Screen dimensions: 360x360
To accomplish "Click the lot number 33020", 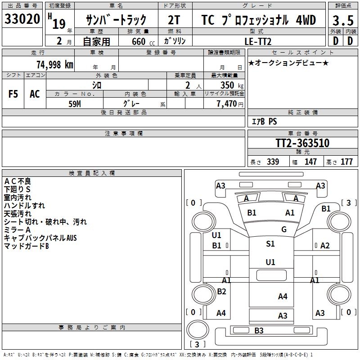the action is [x=22, y=20].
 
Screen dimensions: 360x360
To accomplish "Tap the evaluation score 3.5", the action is [x=342, y=20].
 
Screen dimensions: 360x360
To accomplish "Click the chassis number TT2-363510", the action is [x=302, y=144].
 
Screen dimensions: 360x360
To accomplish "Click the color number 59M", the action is [x=75, y=103].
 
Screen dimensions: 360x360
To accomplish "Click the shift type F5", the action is [x=13, y=94].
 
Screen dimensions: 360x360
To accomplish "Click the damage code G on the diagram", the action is [x=284, y=229].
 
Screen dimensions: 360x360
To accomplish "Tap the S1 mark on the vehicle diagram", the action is [x=270, y=244].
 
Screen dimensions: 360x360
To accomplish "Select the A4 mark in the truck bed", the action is [x=283, y=296].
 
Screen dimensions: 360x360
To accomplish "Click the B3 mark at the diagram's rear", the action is [x=259, y=331].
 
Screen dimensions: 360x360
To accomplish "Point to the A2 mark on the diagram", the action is [x=325, y=245].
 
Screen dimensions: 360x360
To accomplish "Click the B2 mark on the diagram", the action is [x=221, y=292].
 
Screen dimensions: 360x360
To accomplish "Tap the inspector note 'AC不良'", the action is [x=18, y=181].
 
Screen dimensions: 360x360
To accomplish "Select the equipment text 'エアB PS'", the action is [x=264, y=121].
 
